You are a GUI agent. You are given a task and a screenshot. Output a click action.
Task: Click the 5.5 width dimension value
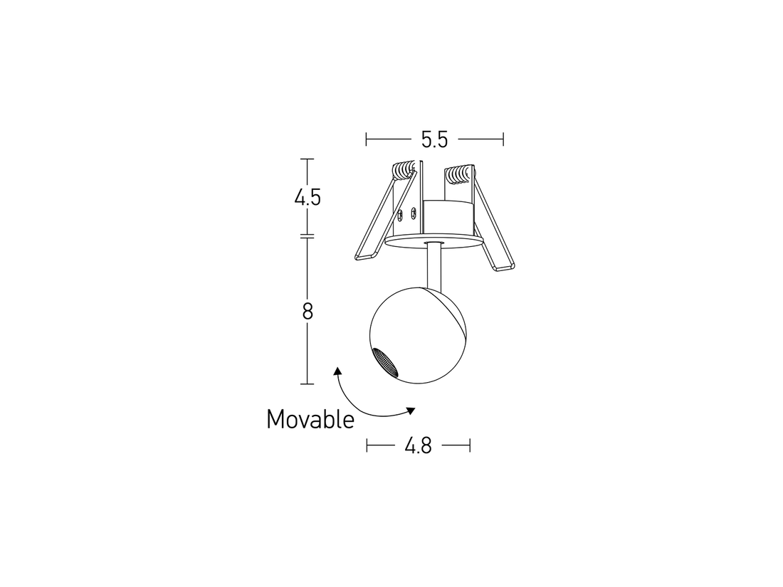click(x=433, y=139)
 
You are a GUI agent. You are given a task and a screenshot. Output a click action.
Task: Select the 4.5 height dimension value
click(x=308, y=197)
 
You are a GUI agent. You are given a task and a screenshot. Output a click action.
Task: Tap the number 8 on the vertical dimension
click(x=308, y=311)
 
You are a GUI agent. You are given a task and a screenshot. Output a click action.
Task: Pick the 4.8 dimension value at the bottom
click(x=418, y=446)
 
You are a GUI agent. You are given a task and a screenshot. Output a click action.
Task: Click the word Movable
click(x=310, y=419)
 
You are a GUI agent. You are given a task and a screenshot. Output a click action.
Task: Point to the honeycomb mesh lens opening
click(x=386, y=362)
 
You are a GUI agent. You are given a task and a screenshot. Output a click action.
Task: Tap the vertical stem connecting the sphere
click(x=433, y=267)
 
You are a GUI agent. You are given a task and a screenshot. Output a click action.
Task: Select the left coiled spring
click(x=404, y=171)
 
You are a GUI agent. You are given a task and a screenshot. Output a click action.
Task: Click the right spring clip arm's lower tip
click(x=503, y=266)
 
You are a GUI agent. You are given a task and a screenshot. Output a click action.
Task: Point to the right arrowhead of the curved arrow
click(x=411, y=410)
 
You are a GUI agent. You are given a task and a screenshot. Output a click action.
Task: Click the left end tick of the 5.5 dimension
click(x=366, y=139)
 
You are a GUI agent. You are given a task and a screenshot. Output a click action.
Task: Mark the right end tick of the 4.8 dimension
click(x=470, y=446)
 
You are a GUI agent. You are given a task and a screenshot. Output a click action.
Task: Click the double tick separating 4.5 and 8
click(x=308, y=236)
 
